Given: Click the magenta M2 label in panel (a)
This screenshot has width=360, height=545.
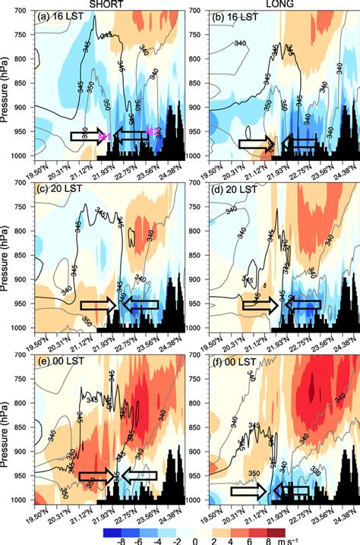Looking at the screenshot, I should [x=153, y=132].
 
